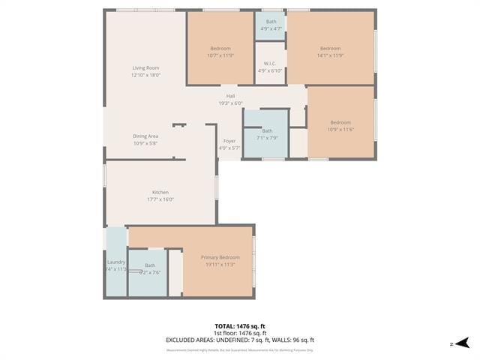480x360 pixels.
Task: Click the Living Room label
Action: click(x=146, y=68)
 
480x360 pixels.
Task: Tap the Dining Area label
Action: click(x=145, y=136)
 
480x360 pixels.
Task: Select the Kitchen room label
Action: click(x=160, y=192)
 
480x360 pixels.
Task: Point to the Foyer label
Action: click(x=229, y=141)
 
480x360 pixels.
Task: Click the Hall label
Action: click(x=230, y=96)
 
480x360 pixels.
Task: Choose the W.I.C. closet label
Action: click(x=270, y=64)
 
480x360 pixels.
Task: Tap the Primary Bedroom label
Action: click(x=220, y=257)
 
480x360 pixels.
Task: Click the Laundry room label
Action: click(x=116, y=262)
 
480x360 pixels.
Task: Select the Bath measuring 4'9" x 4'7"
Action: click(x=271, y=22)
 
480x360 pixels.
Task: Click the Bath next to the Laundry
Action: click(x=150, y=265)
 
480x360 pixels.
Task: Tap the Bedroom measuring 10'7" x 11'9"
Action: click(x=220, y=49)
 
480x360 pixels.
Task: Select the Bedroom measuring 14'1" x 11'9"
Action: click(x=330, y=49)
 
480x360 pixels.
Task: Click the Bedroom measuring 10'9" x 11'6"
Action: click(x=340, y=122)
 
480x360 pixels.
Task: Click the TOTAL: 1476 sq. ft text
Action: click(x=239, y=326)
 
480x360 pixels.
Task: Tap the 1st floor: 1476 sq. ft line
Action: click(x=239, y=333)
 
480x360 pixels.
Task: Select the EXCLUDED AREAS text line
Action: click(x=239, y=340)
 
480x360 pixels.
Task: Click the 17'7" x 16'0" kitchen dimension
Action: click(x=160, y=199)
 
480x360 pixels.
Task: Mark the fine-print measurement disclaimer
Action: click(x=239, y=349)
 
